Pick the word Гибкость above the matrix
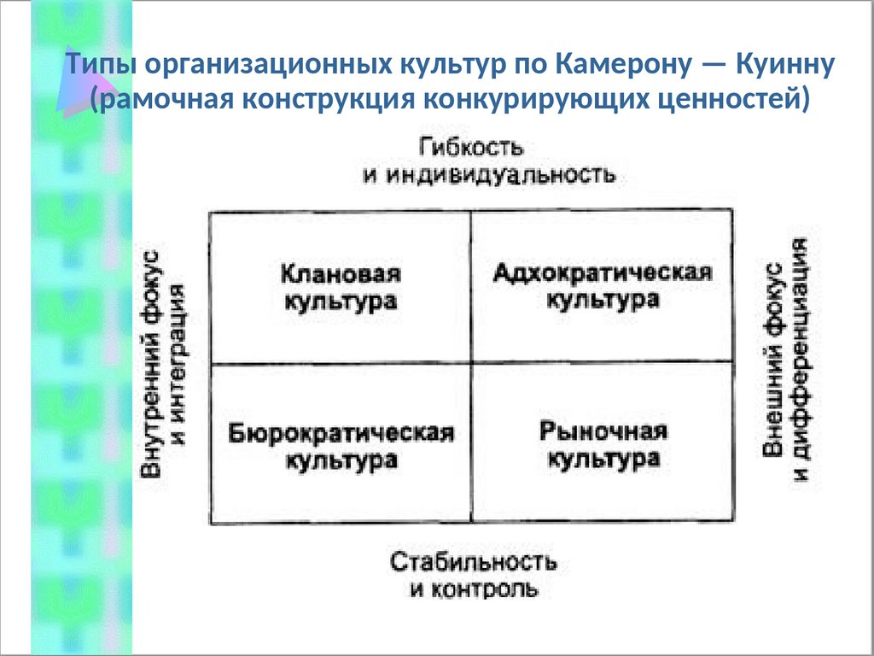pos(471,146)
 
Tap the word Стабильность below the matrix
pos(474,562)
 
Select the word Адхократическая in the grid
pos(603,273)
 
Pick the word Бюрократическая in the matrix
pos(341,432)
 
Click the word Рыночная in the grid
pos(603,431)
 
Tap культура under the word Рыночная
pos(603,460)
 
